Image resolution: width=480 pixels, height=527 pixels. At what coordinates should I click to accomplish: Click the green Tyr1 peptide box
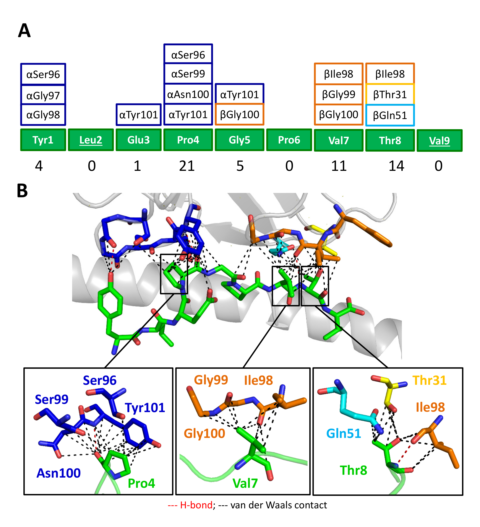43,140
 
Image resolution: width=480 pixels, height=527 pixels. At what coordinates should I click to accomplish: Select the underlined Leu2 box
91,140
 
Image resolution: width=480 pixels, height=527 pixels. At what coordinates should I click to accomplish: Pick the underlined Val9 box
439,140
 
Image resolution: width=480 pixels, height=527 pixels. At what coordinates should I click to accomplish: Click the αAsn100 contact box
188,94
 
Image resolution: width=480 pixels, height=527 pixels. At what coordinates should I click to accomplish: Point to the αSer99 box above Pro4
188,74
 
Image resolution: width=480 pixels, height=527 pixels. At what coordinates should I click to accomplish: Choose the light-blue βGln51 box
390,115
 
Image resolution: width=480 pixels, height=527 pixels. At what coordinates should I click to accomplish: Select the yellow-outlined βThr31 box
390,94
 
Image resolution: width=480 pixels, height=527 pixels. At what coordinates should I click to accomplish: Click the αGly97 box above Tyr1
43,95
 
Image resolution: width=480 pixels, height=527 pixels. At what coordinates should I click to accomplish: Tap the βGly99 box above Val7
339,94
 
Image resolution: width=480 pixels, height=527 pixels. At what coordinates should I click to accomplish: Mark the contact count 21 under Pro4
187,166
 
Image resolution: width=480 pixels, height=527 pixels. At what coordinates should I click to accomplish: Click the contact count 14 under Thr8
396,166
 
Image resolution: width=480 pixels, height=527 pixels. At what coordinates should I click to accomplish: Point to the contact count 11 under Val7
339,166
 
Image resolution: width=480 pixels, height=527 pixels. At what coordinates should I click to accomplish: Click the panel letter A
24,31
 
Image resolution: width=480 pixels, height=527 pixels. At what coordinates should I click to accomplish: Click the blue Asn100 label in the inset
58,473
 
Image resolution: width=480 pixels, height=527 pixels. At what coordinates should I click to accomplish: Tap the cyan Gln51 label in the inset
343,433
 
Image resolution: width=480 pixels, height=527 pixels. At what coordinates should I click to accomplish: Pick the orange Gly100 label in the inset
204,433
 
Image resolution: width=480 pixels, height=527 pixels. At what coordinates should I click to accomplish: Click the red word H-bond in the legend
196,505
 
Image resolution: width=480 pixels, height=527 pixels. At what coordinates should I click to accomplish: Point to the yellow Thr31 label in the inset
429,380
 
